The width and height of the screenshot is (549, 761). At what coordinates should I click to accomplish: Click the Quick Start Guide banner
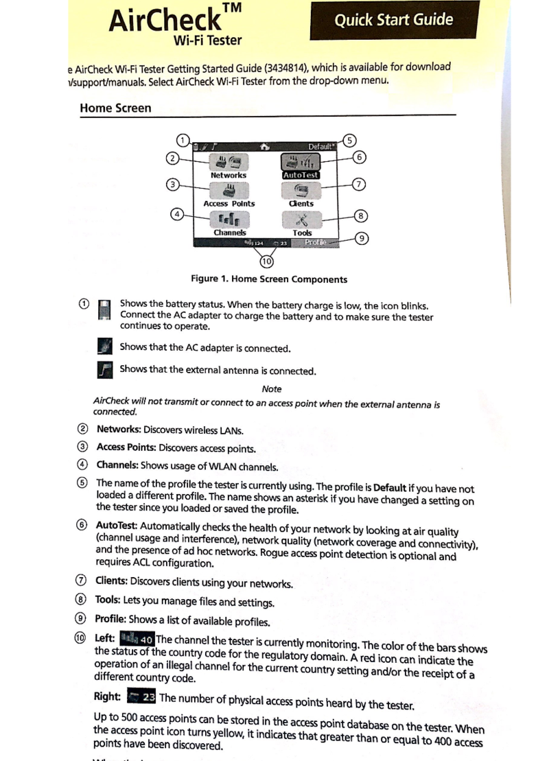pos(393,20)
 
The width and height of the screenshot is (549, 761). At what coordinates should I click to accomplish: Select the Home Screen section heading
pos(115,108)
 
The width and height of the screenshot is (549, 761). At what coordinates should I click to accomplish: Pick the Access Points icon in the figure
pos(229,191)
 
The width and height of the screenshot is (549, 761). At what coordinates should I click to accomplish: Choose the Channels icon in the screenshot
pos(229,220)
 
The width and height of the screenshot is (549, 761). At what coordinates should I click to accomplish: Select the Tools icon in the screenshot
pos(302,220)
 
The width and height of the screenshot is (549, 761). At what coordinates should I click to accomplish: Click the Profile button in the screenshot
pos(316,242)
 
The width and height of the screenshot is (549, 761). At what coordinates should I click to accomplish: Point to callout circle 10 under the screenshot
pos(266,261)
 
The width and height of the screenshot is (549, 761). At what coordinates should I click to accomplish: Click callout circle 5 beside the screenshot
pos(349,141)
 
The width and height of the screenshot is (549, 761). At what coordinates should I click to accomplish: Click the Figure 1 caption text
pos(269,279)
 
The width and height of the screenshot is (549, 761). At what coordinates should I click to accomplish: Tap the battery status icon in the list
pos(104,310)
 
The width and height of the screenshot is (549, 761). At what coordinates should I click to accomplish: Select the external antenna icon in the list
pos(104,371)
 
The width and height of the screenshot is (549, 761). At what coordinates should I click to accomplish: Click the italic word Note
pos(272,389)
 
